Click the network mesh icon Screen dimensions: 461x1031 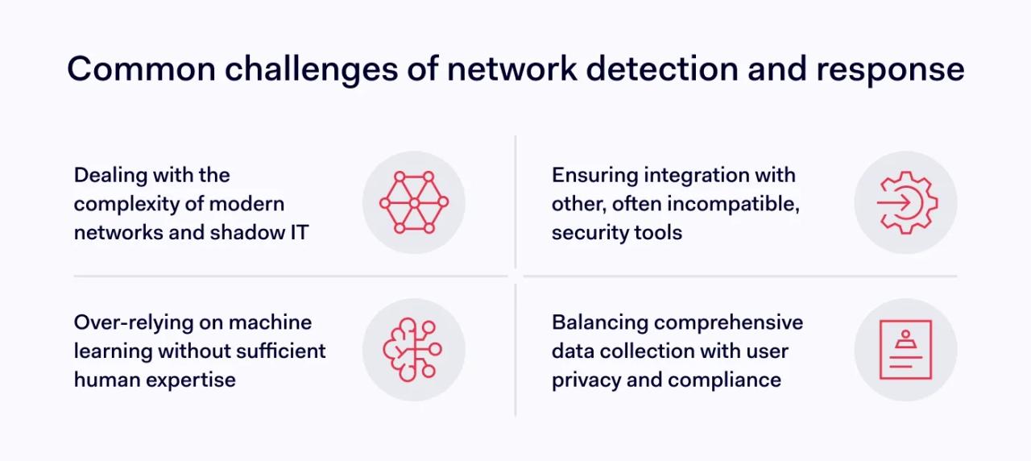point(413,202)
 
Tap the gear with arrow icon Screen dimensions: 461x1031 point(905,202)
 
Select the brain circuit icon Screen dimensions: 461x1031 point(413,350)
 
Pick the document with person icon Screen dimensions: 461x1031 point(905,350)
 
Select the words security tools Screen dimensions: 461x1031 point(616,233)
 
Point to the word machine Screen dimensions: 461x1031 point(270,322)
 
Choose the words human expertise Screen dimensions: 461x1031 point(155,380)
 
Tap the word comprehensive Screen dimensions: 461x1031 point(728,322)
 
